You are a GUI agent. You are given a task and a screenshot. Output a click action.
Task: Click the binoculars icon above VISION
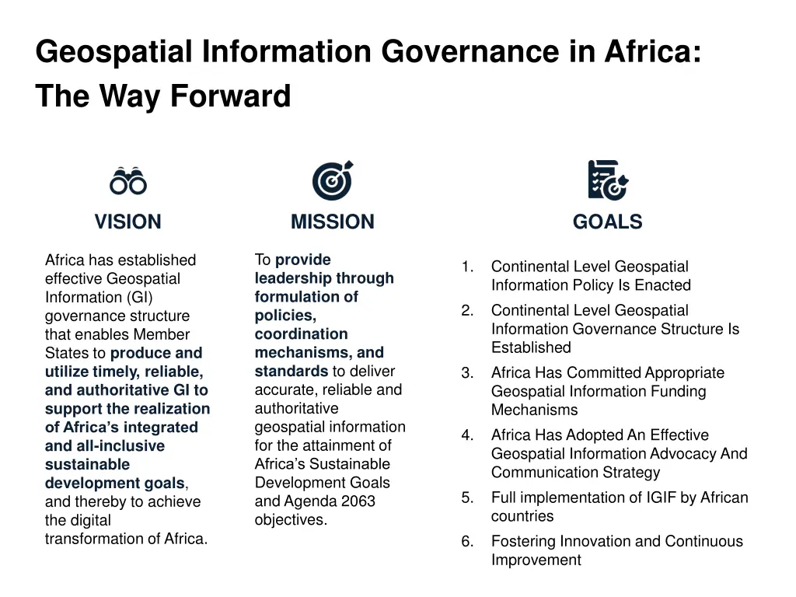[x=128, y=181]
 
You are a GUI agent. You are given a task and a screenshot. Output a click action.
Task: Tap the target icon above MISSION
[x=333, y=180]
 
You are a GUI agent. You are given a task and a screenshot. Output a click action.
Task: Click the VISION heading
[x=128, y=222]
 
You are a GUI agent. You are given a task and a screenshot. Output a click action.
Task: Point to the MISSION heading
[x=333, y=222]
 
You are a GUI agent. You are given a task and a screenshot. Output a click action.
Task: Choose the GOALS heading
[x=607, y=222]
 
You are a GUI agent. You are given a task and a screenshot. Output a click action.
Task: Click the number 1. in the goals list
[x=467, y=267]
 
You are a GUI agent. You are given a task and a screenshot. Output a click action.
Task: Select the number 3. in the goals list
[x=467, y=373]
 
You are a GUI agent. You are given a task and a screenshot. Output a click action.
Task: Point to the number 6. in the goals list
[x=467, y=542]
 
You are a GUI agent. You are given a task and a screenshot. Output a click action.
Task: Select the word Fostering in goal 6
[x=524, y=542]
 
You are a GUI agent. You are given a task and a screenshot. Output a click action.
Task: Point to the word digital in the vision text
[x=89, y=521]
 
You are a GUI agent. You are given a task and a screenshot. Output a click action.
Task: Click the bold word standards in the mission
[x=291, y=372]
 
